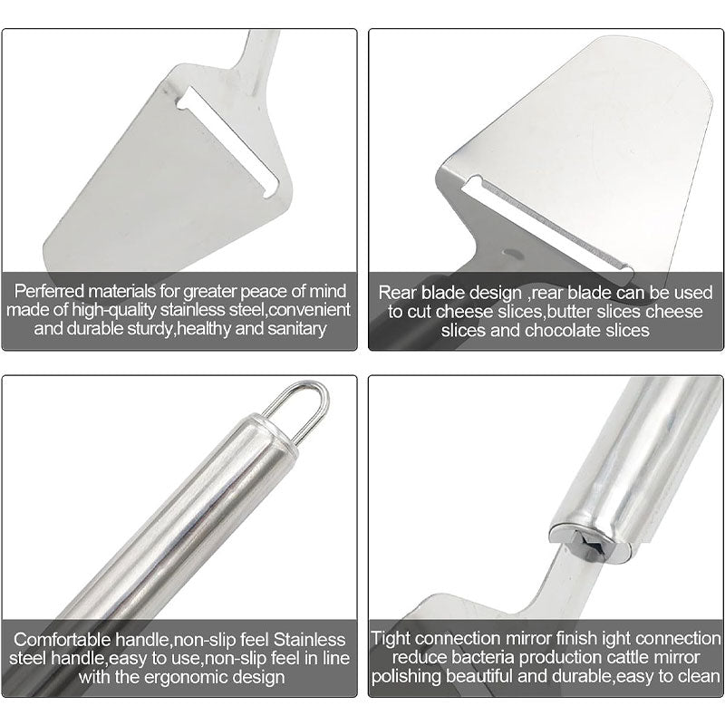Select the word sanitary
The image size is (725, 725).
(291, 328)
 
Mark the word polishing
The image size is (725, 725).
(409, 677)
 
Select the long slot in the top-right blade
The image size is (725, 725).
(553, 222)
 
